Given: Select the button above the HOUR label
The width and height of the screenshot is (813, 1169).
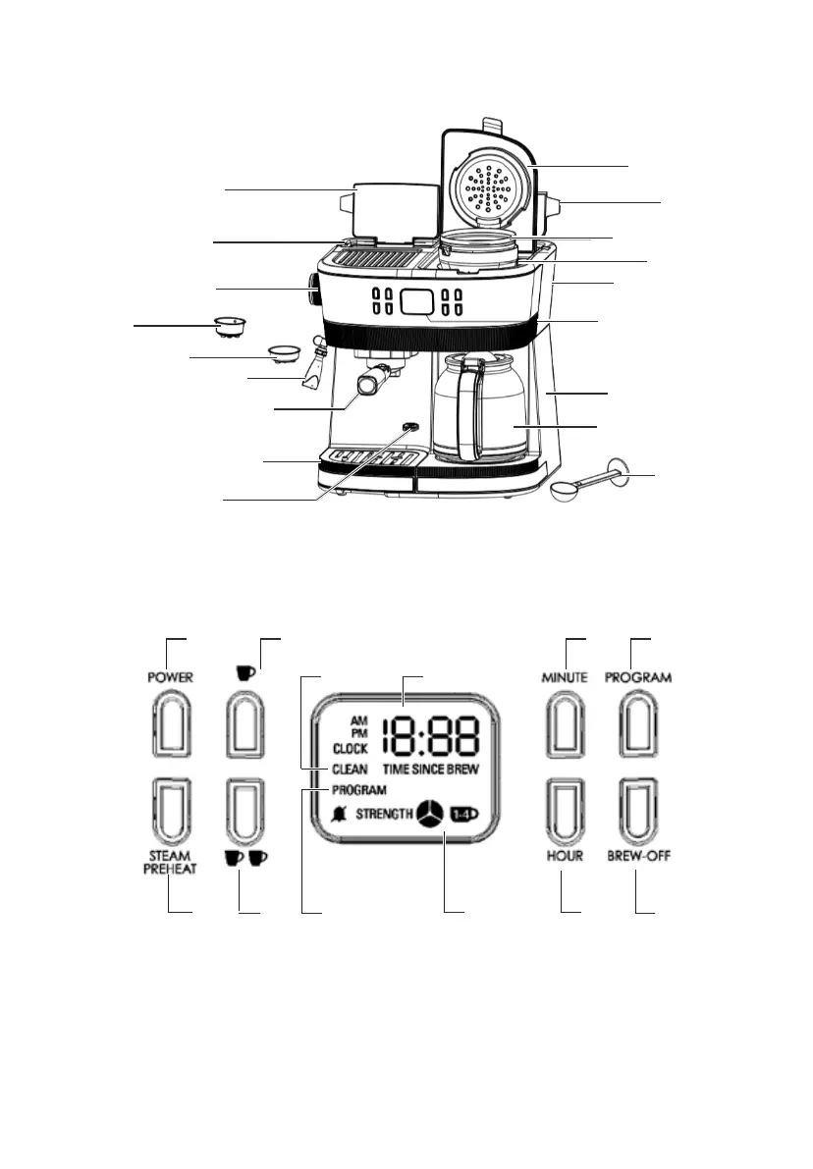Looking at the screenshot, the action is pos(565,812).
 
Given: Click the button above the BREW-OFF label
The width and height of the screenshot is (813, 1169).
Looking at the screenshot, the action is pos(636,812).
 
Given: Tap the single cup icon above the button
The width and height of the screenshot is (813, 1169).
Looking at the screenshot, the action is pos(245,673).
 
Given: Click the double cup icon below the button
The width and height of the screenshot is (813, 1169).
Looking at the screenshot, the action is pos(246,857).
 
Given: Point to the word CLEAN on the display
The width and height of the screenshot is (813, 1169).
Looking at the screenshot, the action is pos(350,770).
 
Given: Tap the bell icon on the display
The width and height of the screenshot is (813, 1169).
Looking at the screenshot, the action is pos(340,813).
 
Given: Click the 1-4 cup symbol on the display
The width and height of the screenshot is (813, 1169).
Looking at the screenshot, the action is pos(461,813).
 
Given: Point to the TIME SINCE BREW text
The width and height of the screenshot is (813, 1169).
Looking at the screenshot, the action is pos(431,770).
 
